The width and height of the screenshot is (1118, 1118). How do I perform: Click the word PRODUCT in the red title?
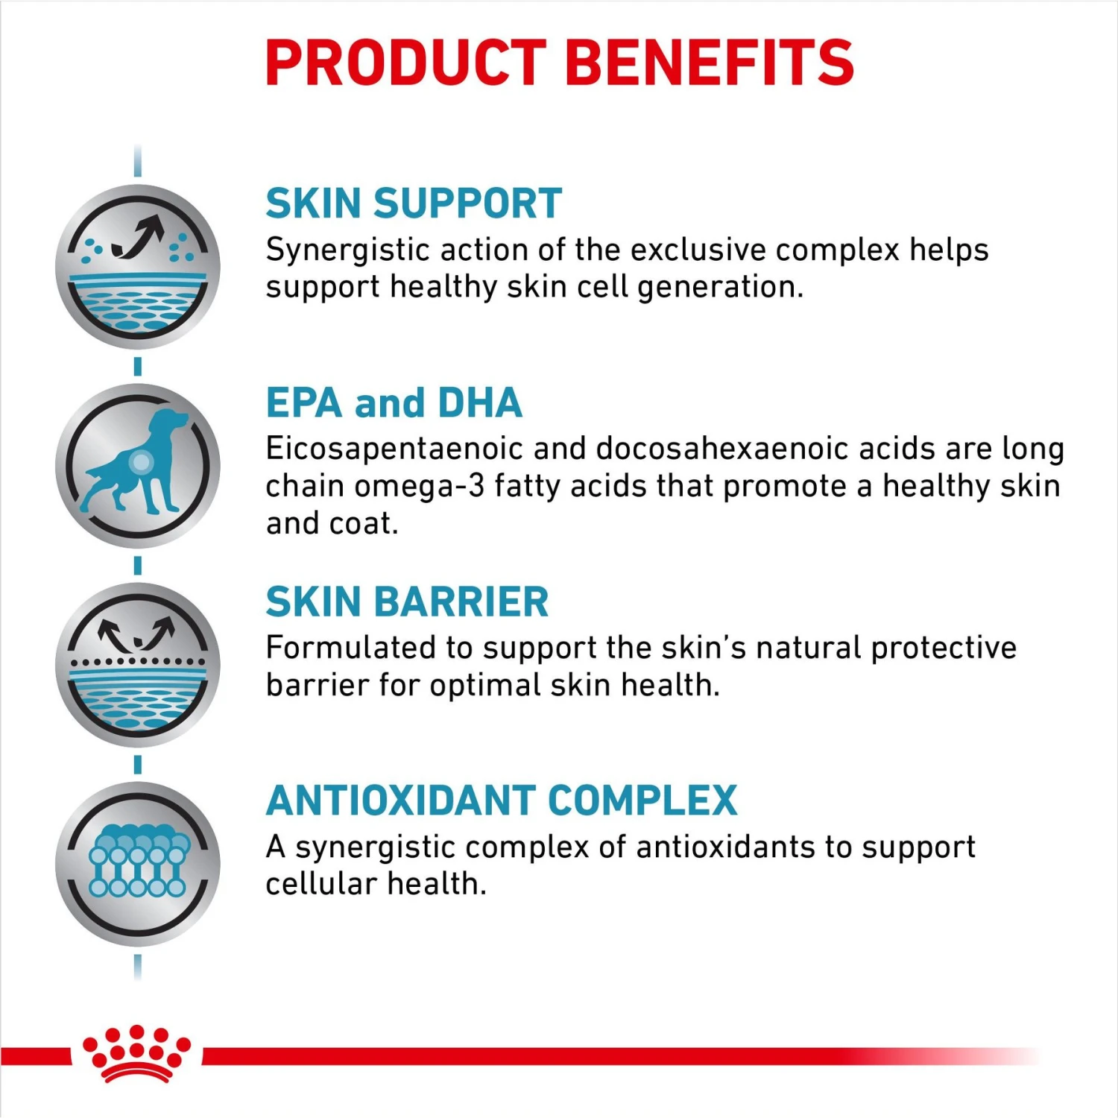[x=406, y=63]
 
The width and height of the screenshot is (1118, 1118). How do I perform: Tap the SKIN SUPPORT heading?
[x=414, y=203]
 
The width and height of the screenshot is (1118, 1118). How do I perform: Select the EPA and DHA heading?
[x=394, y=403]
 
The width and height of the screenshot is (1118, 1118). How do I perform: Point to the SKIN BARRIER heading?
[x=407, y=602]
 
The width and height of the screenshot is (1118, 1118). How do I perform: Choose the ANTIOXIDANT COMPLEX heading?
[x=501, y=801]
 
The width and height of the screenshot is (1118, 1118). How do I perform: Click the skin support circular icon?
[x=138, y=267]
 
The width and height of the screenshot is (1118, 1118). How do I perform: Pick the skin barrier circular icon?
[x=138, y=664]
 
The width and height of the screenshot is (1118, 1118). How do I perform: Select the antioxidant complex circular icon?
[x=138, y=864]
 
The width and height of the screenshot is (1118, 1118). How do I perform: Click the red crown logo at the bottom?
[x=136, y=1052]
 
